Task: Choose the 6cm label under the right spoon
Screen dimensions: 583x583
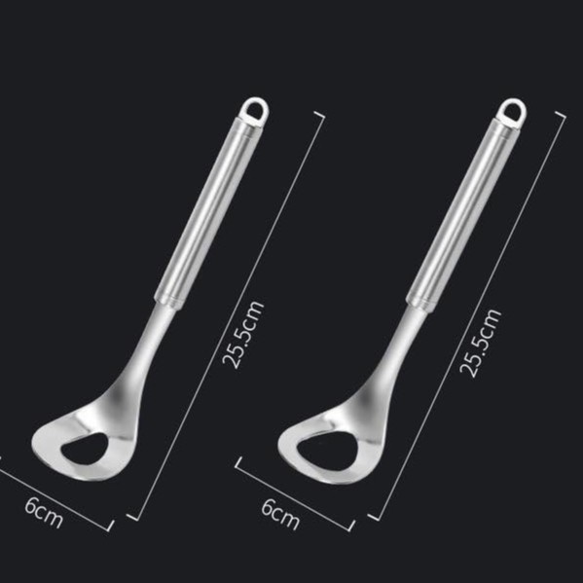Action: [280, 513]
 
